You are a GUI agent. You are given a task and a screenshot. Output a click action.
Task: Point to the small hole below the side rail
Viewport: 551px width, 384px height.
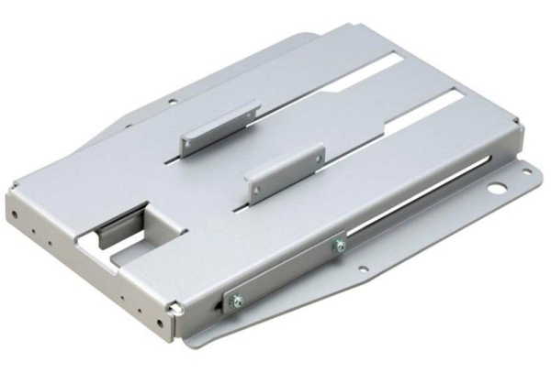tap(364, 269)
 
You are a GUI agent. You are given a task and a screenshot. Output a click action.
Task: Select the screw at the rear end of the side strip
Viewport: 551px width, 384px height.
tap(339, 244)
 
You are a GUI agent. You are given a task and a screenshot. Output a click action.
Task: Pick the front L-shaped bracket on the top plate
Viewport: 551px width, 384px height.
tap(285, 171)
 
